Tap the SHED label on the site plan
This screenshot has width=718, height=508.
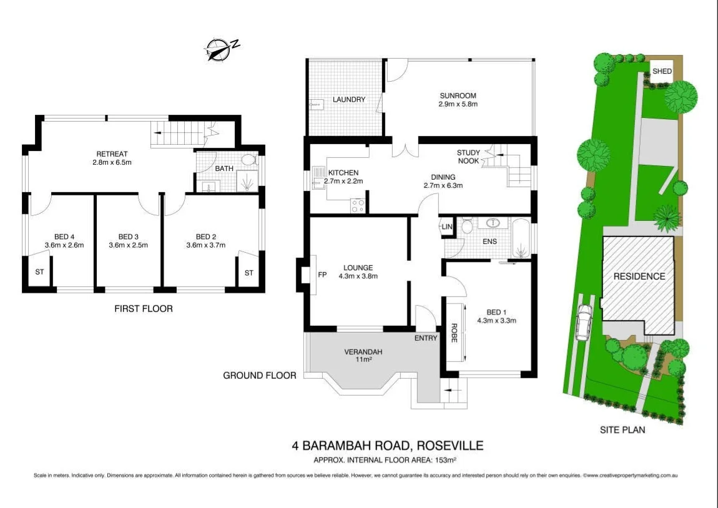point(662,71)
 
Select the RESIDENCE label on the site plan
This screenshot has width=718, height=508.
point(639,276)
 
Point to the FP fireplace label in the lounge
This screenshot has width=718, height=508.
point(322,275)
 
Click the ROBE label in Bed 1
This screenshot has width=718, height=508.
point(453,332)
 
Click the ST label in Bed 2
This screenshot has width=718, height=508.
point(248,273)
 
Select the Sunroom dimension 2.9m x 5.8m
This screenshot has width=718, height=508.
point(458,104)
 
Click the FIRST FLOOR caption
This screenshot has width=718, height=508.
point(143,308)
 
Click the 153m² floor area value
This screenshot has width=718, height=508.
point(446,461)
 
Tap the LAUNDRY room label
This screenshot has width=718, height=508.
point(348,99)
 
